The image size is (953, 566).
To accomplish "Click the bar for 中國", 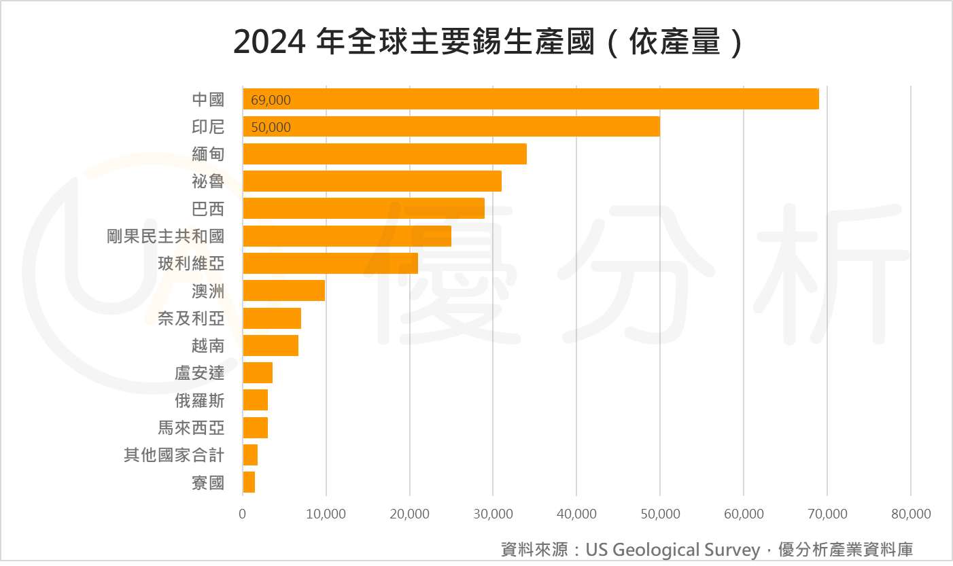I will pyautogui.click(x=530, y=99).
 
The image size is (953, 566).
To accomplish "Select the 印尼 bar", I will pyautogui.click(x=451, y=127).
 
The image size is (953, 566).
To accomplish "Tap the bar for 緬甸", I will pyautogui.click(x=384, y=154).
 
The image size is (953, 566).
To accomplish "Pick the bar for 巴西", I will pyautogui.click(x=363, y=209).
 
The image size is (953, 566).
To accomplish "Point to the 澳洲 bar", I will pyautogui.click(x=283, y=291).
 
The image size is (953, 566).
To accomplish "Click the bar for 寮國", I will pyautogui.click(x=249, y=482).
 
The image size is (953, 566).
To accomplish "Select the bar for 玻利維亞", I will pyautogui.click(x=330, y=264).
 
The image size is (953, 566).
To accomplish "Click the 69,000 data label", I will pyautogui.click(x=271, y=101).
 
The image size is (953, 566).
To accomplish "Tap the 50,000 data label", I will pyautogui.click(x=271, y=128).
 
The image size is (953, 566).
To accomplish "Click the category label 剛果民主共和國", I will pyautogui.click(x=165, y=236).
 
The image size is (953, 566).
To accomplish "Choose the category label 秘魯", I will pyautogui.click(x=208, y=181).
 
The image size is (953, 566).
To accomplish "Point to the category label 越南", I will pyautogui.click(x=208, y=346).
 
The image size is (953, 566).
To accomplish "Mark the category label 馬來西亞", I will pyautogui.click(x=191, y=428).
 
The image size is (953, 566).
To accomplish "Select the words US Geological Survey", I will pyautogui.click(x=672, y=549).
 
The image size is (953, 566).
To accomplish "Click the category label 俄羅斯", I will pyautogui.click(x=199, y=401).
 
